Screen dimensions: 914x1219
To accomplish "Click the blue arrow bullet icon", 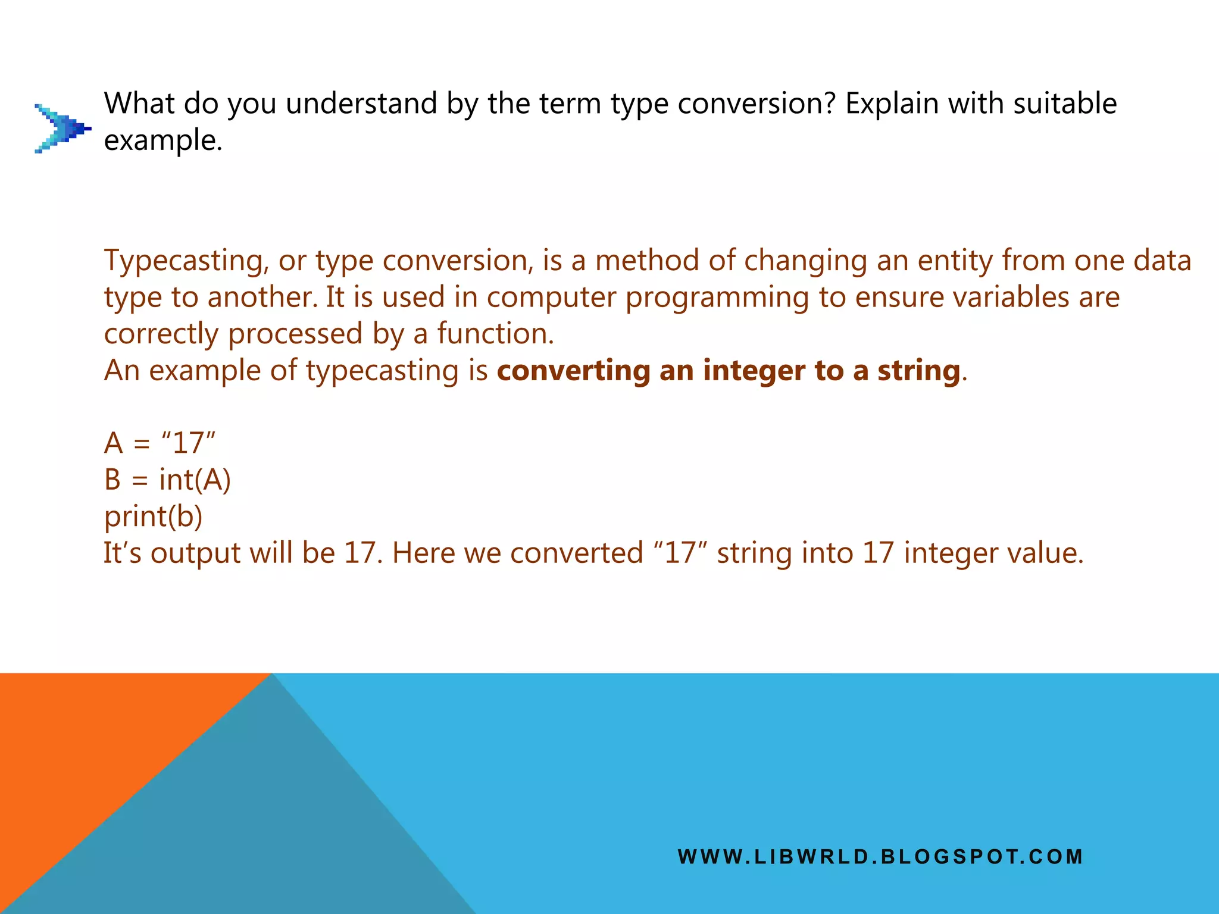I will [62, 129].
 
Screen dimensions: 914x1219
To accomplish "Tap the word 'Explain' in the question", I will [891, 104].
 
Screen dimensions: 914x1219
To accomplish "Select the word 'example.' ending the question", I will [162, 141].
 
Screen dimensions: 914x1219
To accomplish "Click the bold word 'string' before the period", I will [918, 371].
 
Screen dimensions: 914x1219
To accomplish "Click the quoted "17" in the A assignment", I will [188, 443].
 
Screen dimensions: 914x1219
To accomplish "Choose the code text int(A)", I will [195, 480].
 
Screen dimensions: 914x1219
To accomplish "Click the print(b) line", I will [153, 517].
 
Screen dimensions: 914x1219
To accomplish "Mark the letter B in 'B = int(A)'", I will [112, 480].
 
